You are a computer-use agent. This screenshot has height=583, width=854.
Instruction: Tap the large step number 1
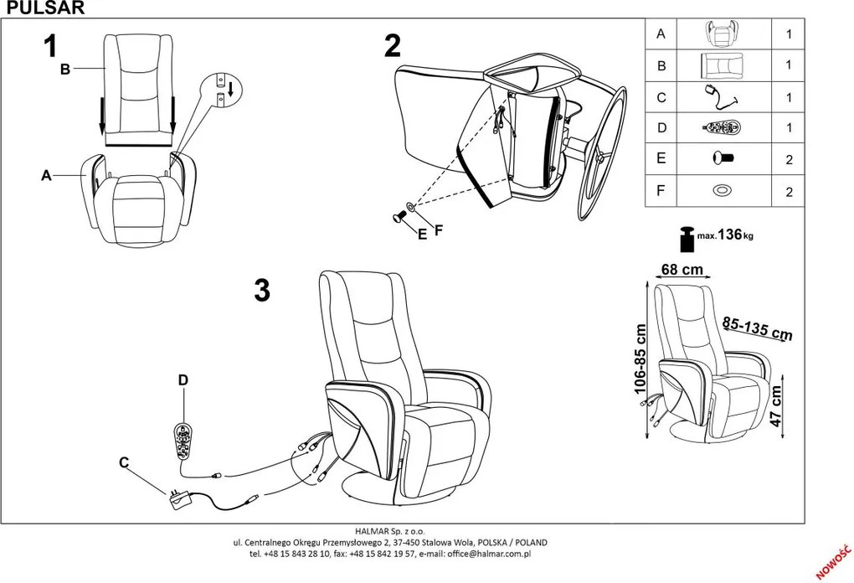tap(52, 45)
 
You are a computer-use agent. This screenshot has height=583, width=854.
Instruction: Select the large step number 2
tap(392, 45)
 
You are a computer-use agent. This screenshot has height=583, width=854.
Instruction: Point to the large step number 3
tap(262, 290)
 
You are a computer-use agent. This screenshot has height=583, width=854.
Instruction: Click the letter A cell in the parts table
tap(661, 34)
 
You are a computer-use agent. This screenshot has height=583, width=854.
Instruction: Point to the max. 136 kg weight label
tap(726, 235)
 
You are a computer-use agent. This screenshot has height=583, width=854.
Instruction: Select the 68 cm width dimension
tap(682, 270)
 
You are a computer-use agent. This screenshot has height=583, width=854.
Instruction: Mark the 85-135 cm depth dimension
tap(757, 329)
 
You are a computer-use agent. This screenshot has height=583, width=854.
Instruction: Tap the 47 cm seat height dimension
tap(777, 406)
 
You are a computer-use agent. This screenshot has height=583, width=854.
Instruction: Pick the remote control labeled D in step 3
tap(181, 440)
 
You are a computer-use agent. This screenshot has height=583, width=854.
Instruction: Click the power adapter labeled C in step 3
tap(177, 499)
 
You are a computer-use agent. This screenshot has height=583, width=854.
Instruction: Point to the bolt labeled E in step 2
tap(398, 217)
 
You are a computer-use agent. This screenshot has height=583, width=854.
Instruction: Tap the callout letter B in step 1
tap(64, 70)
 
